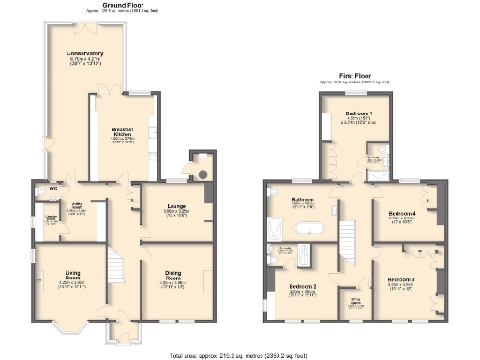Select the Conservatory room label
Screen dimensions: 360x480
coord(84,54)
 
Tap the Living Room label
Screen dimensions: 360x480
coord(66,275)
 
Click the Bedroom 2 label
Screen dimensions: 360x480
coord(302,286)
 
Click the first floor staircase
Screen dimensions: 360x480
coord(349,234)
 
